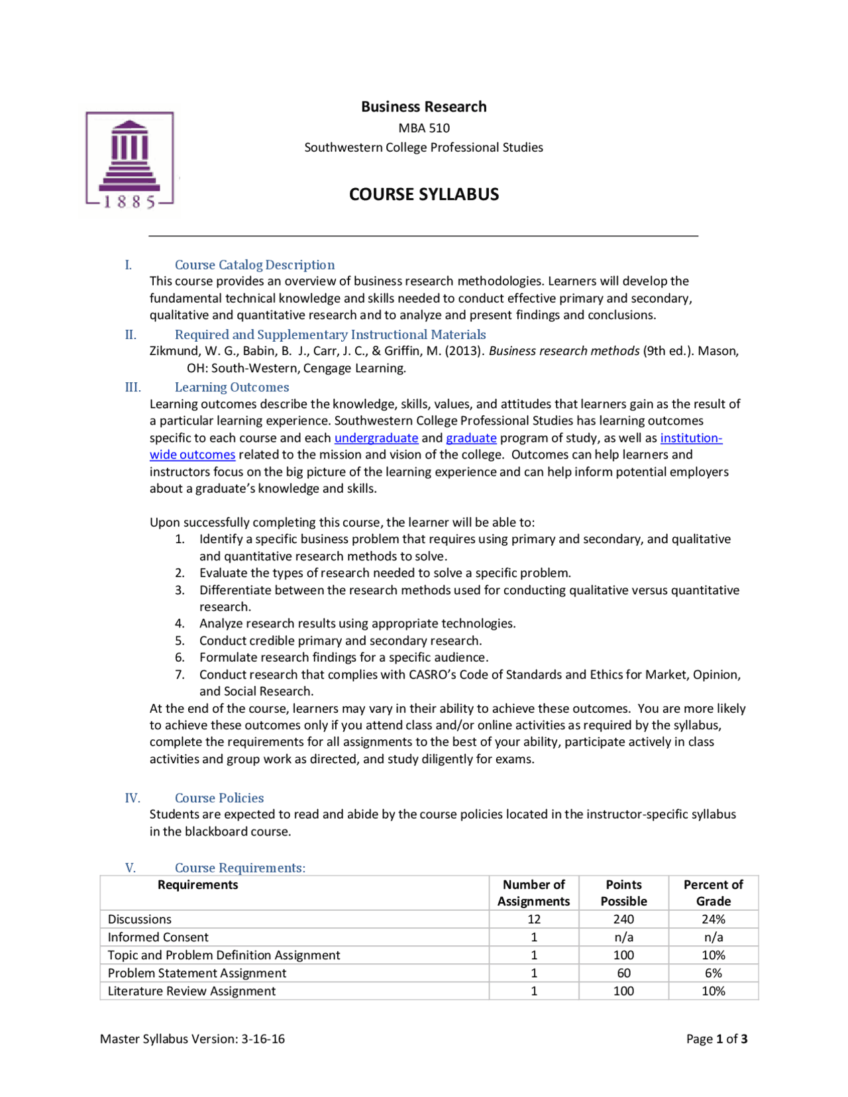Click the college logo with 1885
[x=130, y=161]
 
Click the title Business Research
[x=423, y=107]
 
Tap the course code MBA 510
[x=424, y=128]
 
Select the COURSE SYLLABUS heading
[x=424, y=194]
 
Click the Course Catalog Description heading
[x=254, y=265]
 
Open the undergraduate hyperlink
[x=376, y=438]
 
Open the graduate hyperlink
[x=471, y=438]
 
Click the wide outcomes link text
[x=192, y=455]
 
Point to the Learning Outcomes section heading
[x=232, y=388]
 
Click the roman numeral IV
[x=132, y=798]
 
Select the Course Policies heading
[x=219, y=798]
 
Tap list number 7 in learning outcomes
[x=180, y=674]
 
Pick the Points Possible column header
[x=623, y=893]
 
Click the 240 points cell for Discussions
[x=623, y=919]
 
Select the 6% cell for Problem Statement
[x=713, y=973]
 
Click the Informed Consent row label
[x=158, y=937]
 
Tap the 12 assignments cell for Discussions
[x=534, y=919]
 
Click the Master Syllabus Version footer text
[x=192, y=1039]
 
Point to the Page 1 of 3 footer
[x=717, y=1039]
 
